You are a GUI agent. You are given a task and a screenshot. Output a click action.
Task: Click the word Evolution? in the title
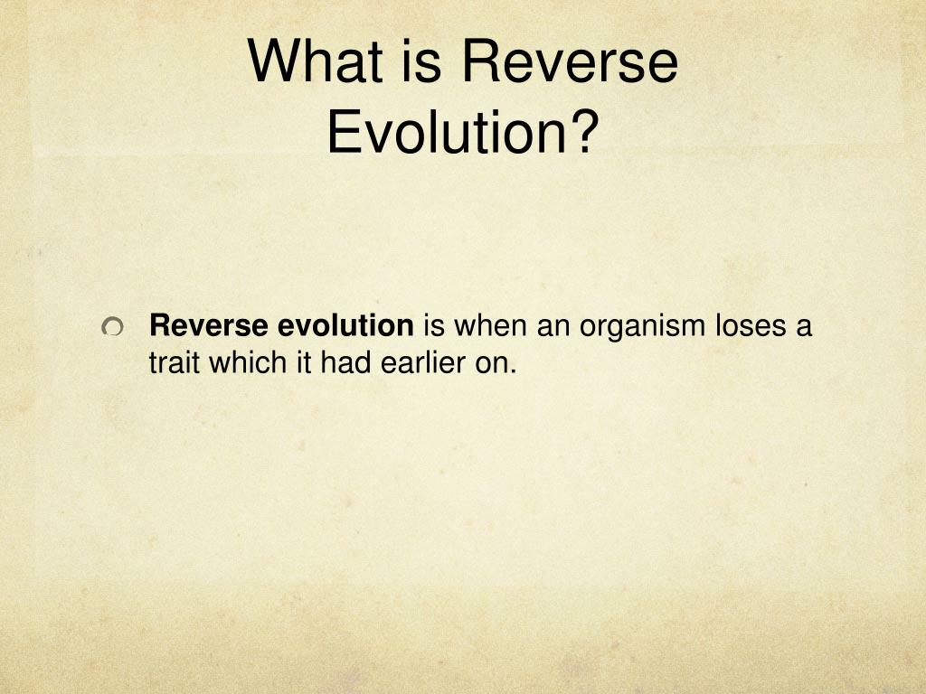point(462,131)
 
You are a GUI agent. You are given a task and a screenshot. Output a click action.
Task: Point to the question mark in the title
point(584,131)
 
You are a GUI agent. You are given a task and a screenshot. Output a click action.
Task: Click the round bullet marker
point(112,329)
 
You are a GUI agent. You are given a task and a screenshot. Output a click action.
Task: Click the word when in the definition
point(492,326)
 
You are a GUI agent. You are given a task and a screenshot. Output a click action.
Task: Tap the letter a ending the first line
point(804,326)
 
